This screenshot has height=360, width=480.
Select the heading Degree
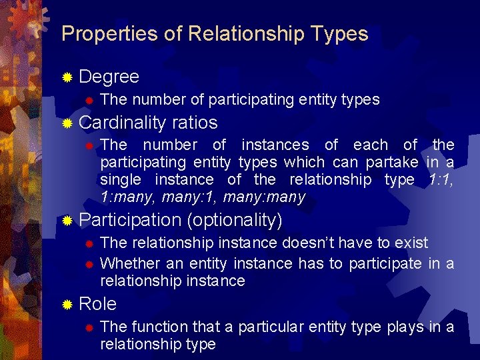(x=109, y=77)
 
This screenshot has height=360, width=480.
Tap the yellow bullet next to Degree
(x=67, y=77)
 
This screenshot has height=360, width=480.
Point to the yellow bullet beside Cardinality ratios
(x=67, y=123)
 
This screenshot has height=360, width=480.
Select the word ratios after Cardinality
(x=195, y=123)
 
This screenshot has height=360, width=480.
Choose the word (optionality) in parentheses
(x=235, y=220)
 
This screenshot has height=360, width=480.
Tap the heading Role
(x=97, y=304)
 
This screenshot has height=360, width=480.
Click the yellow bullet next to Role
(x=67, y=305)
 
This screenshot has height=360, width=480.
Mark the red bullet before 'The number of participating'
(x=89, y=101)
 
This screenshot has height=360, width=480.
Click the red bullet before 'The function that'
(x=89, y=327)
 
